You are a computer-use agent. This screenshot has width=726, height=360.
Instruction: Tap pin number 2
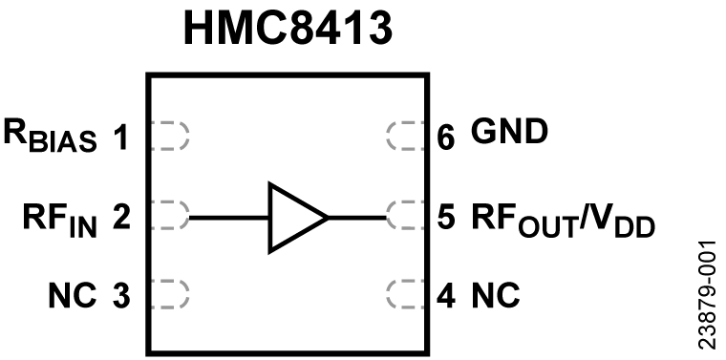120,218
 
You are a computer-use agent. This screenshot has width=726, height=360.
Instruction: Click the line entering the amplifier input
229,218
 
